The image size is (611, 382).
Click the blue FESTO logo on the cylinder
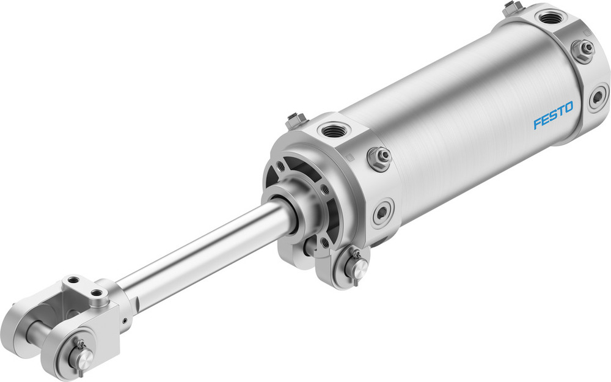(x=553, y=116)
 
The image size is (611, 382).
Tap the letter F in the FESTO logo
(x=537, y=123)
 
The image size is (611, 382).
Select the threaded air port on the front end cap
(x=333, y=130)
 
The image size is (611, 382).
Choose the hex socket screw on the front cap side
(x=382, y=212)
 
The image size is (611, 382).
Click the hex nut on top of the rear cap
(x=512, y=7)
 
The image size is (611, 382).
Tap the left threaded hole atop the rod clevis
(x=74, y=281)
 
